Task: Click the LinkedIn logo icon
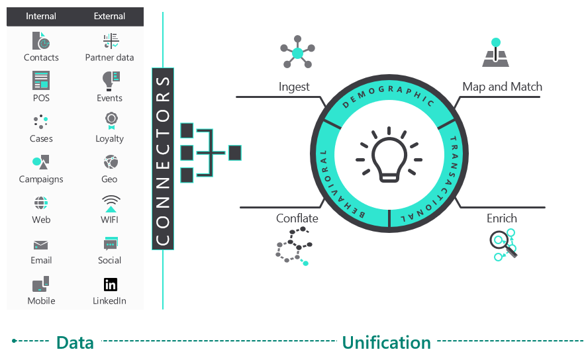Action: pos(110,285)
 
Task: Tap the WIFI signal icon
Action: pos(110,204)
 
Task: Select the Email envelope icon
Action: pos(41,245)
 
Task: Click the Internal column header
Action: pos(41,17)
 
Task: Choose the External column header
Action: pos(110,17)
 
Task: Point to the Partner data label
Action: pos(110,58)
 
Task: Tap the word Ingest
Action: pos(294,87)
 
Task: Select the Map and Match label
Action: pos(502,87)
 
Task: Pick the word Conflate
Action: pos(297,218)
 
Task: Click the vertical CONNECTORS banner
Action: pos(163,159)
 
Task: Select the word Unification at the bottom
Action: pos(386,343)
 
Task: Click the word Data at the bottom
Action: pos(75,343)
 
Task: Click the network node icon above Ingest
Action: pos(297,53)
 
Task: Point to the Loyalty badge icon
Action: pos(110,121)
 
